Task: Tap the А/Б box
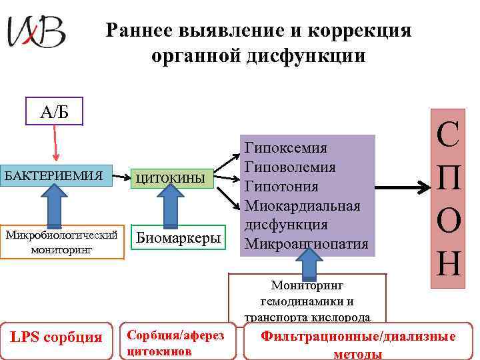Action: pyautogui.click(x=54, y=112)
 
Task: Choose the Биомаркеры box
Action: pyautogui.click(x=179, y=239)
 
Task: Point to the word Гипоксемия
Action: pyautogui.click(x=286, y=147)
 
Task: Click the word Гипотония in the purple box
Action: pyautogui.click(x=281, y=186)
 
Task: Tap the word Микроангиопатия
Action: pyautogui.click(x=307, y=244)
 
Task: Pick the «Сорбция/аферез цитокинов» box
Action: pyautogui.click(x=175, y=342)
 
